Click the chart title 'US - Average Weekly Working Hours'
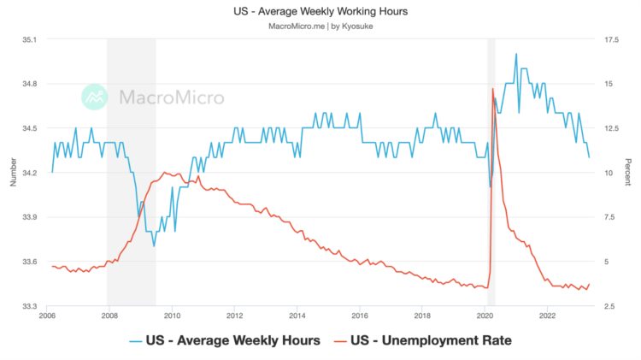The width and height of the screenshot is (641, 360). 320,12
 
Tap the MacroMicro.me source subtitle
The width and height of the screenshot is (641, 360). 320,27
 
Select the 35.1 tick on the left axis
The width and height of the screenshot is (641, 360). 29,39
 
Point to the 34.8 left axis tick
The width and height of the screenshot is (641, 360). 29,84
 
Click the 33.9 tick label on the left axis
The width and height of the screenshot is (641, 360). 29,217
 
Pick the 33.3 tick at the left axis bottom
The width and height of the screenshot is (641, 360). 29,306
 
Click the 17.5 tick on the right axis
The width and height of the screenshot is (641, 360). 612,39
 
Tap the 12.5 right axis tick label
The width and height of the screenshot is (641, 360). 612,128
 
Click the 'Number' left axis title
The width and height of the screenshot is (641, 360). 12,172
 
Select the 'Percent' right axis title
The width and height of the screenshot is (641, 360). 628,173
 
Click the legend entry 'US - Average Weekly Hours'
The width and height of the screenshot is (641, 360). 224,340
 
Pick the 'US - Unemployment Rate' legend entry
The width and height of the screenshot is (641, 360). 432,340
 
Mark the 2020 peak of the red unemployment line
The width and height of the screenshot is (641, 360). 492,89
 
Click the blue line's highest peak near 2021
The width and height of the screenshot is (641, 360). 515,55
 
